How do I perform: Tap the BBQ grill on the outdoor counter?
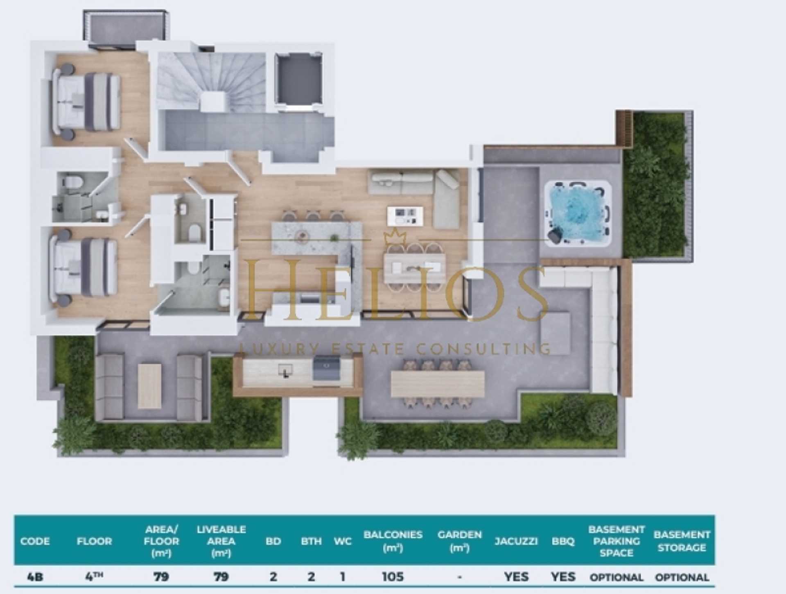point(326,367)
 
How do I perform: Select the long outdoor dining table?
point(437,384)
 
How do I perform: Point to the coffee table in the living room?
point(405,215)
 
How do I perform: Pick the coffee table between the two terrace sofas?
point(149,386)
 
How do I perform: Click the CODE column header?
point(35,541)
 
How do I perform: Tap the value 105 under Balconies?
point(393,577)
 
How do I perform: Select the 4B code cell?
point(35,577)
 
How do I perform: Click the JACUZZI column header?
point(516,541)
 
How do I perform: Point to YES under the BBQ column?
point(563,577)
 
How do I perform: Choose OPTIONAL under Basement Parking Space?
point(616,577)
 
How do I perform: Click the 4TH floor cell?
point(94,577)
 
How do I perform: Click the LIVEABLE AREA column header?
point(221,541)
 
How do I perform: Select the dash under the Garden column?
point(459,577)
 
